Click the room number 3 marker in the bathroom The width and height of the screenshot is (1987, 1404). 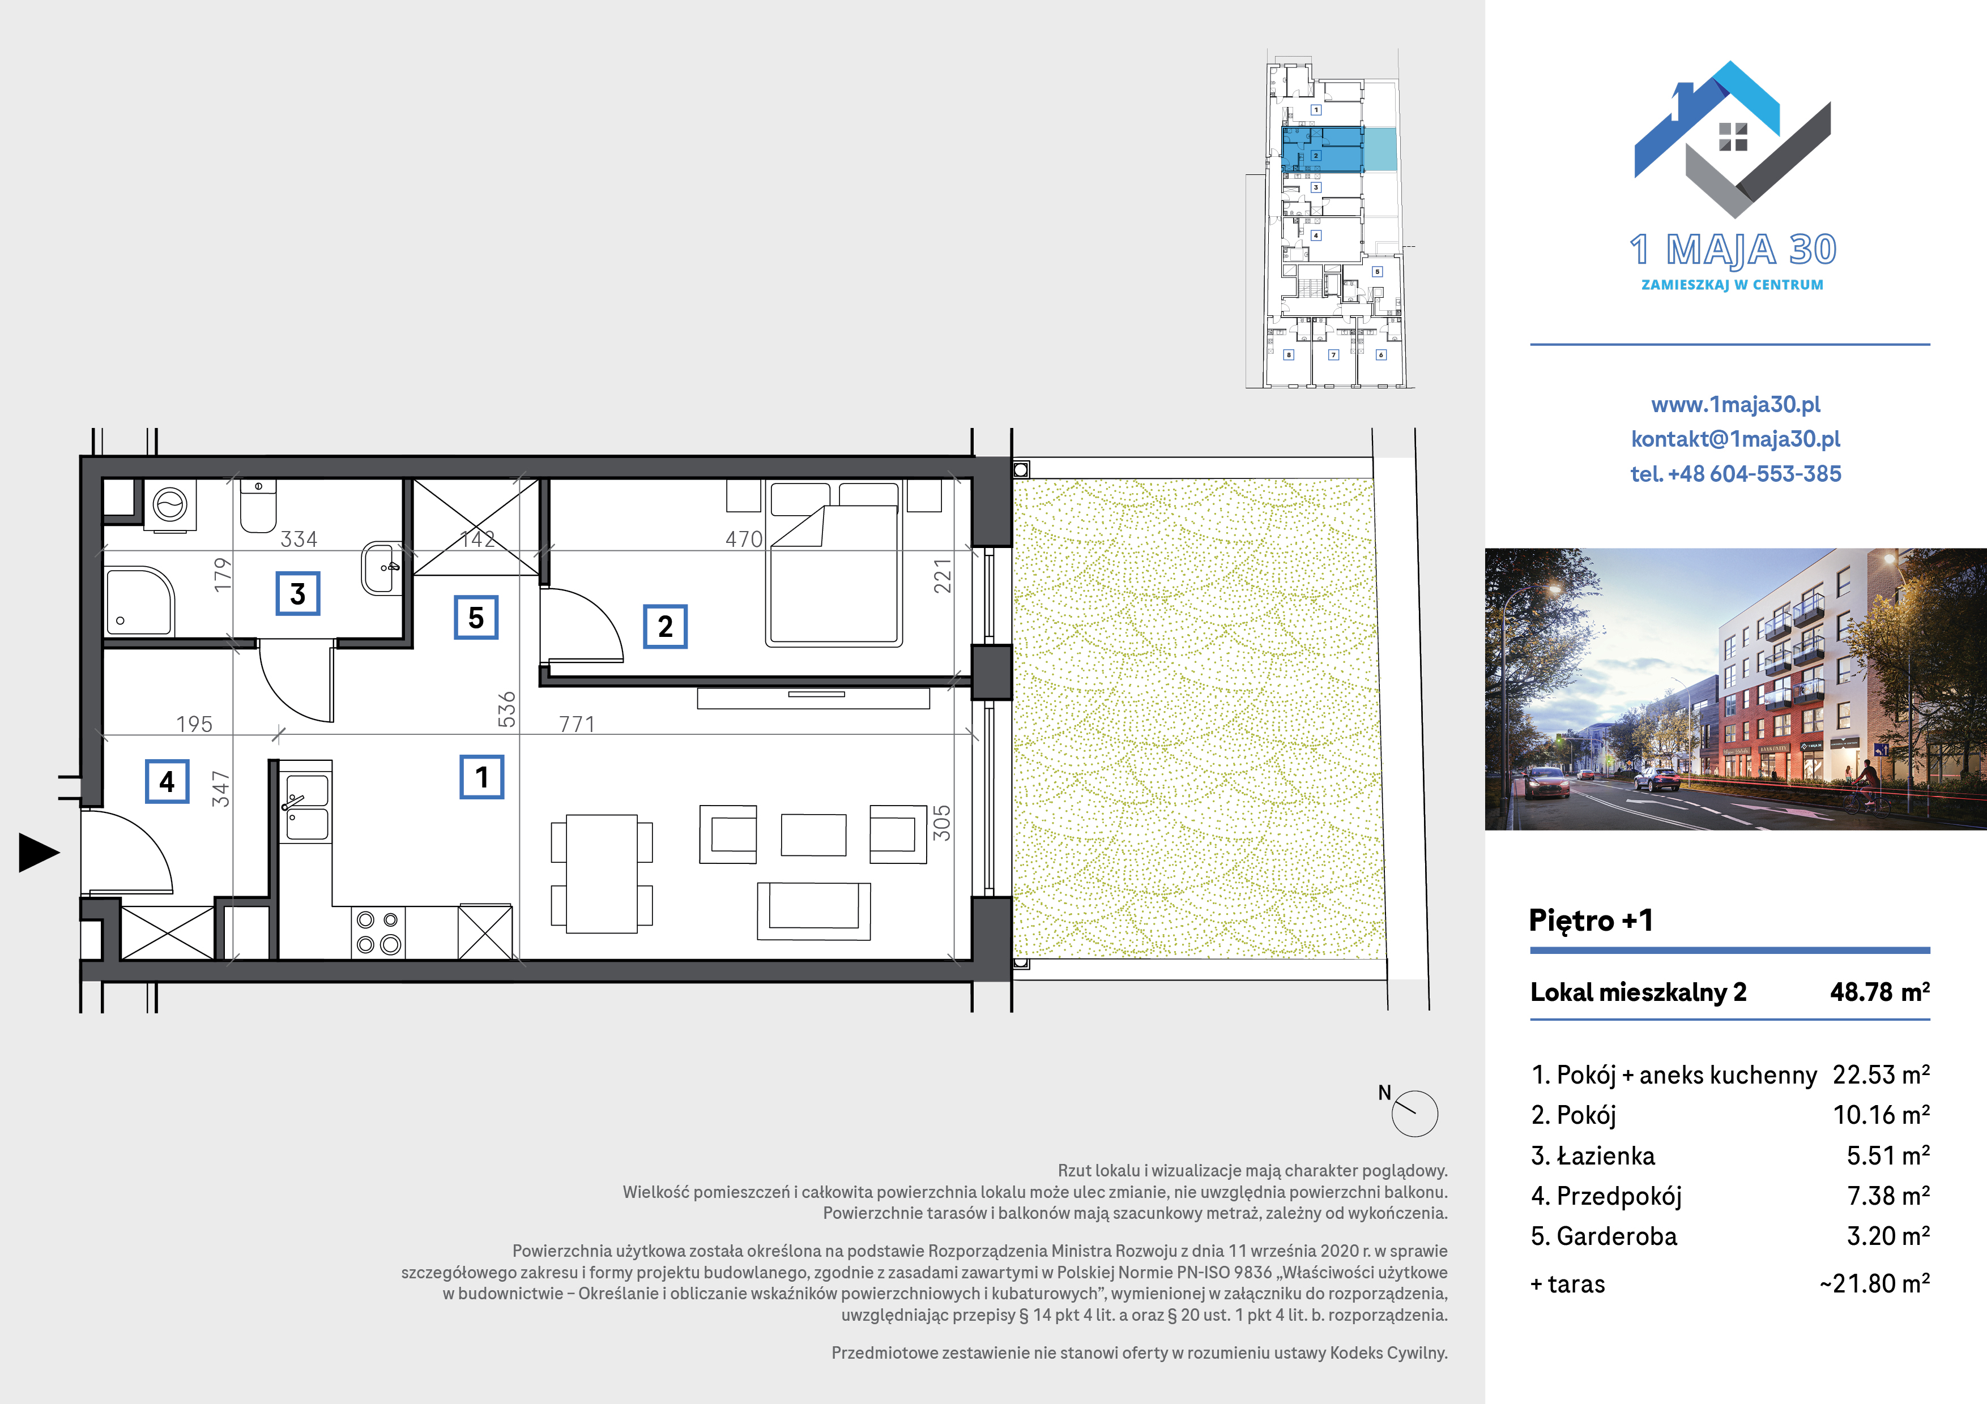click(x=298, y=593)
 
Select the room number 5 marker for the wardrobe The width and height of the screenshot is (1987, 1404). click(x=476, y=617)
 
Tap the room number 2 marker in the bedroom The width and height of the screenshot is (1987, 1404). click(x=664, y=626)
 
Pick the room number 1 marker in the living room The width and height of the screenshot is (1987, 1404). click(x=482, y=777)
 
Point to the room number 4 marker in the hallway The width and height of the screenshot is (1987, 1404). click(x=167, y=781)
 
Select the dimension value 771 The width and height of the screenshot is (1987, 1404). click(x=577, y=724)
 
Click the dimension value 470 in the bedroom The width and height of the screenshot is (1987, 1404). click(x=744, y=540)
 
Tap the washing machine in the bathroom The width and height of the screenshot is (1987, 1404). click(x=169, y=503)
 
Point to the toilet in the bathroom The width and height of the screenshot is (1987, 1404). click(x=258, y=507)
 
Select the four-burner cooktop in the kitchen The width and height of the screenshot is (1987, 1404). click(x=378, y=932)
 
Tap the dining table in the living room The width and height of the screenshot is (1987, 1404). click(x=602, y=873)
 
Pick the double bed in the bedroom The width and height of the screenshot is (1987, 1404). click(x=834, y=564)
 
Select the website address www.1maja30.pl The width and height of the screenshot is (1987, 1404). click(x=1735, y=404)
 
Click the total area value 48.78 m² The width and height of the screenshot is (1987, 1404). click(x=1880, y=991)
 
